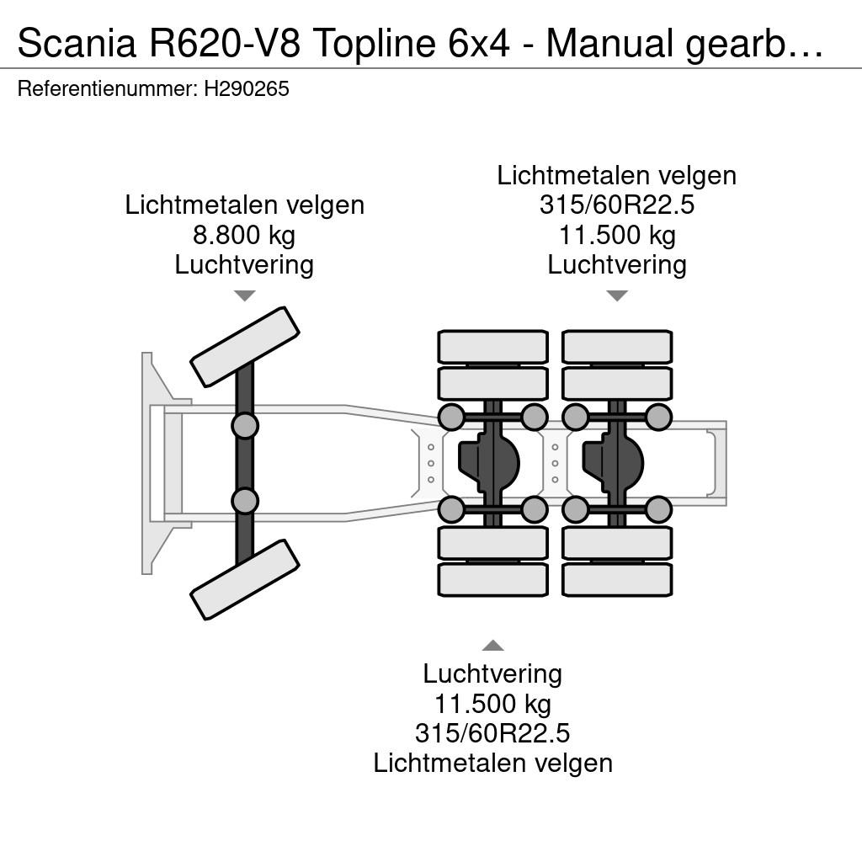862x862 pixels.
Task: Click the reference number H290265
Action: coord(247,88)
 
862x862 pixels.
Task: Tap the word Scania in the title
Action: coord(77,43)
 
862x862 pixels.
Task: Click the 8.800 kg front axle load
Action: coord(244,236)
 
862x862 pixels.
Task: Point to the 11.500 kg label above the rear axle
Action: coord(617,236)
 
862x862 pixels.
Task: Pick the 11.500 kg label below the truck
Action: coord(492,704)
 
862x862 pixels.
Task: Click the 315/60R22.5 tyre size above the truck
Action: coord(617,205)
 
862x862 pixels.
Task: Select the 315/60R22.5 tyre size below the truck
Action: coord(492,733)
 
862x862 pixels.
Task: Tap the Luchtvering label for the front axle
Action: coord(244,265)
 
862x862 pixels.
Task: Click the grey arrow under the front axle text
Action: coord(245,295)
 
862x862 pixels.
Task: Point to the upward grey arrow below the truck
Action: coord(493,646)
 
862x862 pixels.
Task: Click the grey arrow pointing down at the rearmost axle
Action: coord(617,295)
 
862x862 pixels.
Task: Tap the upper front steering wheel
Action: coord(245,347)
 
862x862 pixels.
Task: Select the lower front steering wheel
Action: coord(245,579)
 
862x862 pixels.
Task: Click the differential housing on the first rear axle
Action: coord(489,462)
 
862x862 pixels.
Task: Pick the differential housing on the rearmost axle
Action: coord(613,462)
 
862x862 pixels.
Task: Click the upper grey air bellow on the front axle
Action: coord(245,425)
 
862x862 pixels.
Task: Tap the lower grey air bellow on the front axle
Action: coord(245,501)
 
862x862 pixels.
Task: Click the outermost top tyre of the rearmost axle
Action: coord(617,347)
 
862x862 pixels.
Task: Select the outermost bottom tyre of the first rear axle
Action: coord(493,579)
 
